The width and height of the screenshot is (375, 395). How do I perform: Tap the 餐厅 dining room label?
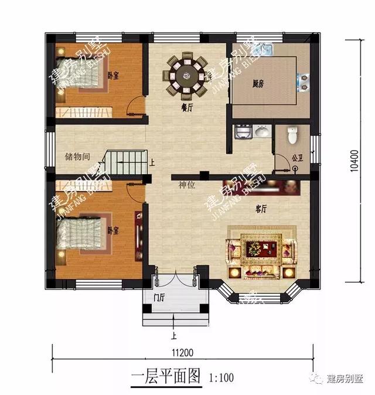tap(187, 107)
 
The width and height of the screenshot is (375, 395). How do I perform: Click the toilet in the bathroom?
tap(294, 136)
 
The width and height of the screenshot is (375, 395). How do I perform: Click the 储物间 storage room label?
tap(77, 157)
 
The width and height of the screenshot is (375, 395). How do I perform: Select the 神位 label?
tap(187, 185)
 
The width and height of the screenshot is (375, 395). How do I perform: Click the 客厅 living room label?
tap(261, 208)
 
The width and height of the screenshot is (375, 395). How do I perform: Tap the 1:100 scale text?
tap(221, 377)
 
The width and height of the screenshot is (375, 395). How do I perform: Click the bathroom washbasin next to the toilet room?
tap(262, 132)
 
